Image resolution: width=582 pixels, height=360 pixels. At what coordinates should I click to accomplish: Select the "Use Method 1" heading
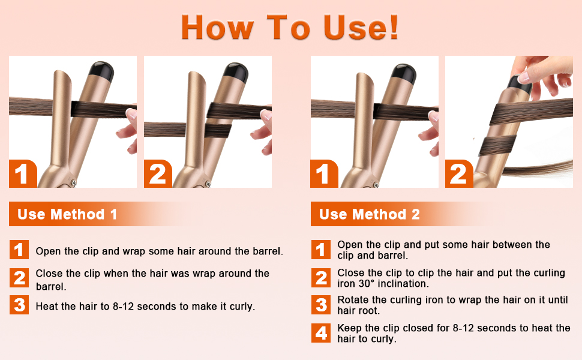click(67, 214)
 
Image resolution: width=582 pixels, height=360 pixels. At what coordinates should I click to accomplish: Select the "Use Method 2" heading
click(369, 214)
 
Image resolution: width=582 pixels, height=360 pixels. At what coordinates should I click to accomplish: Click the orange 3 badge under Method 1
click(19, 305)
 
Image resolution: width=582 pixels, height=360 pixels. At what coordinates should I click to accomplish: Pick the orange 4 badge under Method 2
click(322, 333)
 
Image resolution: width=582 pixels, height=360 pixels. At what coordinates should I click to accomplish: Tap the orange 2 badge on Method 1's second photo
click(157, 174)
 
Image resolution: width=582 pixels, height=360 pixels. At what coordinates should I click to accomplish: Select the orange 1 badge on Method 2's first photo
click(324, 174)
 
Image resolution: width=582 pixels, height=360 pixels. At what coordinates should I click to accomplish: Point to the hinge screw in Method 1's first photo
click(73, 182)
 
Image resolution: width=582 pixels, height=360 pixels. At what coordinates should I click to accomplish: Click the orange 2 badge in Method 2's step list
click(322, 278)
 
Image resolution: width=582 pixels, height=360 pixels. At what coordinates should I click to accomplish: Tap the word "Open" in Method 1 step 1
click(48, 251)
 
